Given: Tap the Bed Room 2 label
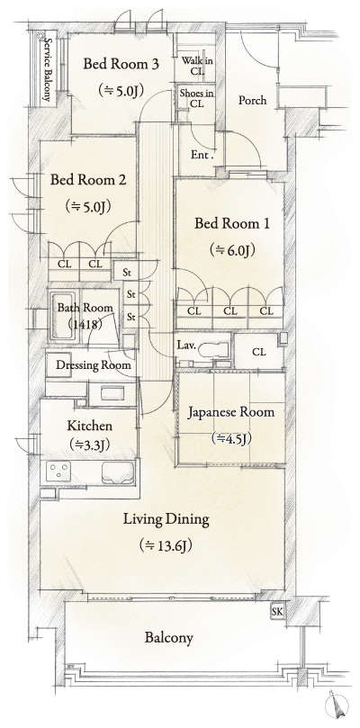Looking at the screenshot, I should point(87,179).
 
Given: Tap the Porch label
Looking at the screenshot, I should point(251,100).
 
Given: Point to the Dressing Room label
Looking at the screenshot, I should point(94,365).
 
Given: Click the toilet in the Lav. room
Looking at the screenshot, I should point(209,349).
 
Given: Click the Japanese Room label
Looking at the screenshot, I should point(230,412).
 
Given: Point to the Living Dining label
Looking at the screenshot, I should point(166,519).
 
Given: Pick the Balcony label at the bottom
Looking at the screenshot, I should point(168,638).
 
